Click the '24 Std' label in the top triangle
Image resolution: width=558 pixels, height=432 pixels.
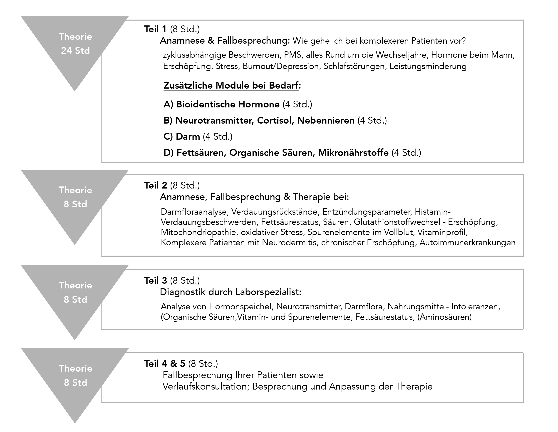[x=75, y=51]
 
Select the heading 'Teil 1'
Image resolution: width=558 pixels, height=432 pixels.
[x=155, y=29]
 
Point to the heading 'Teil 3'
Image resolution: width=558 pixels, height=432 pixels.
[x=156, y=281]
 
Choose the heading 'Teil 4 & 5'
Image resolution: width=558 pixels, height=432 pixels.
[x=165, y=364]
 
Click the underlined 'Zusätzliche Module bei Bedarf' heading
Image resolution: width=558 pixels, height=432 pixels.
[x=231, y=85]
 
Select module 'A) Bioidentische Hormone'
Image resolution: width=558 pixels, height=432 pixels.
[x=221, y=104]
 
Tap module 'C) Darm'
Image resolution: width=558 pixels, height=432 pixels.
[x=182, y=137]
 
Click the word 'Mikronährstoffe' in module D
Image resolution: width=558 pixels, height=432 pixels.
[x=353, y=152]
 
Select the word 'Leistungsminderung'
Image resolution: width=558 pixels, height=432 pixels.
[x=428, y=66]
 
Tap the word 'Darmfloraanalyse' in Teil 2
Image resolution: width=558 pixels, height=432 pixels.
[x=194, y=212]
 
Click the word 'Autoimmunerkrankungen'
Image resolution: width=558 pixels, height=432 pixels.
[x=467, y=242]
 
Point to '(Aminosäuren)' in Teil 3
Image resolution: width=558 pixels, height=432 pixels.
[x=445, y=317]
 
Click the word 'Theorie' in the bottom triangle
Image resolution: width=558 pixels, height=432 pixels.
[x=75, y=368]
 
